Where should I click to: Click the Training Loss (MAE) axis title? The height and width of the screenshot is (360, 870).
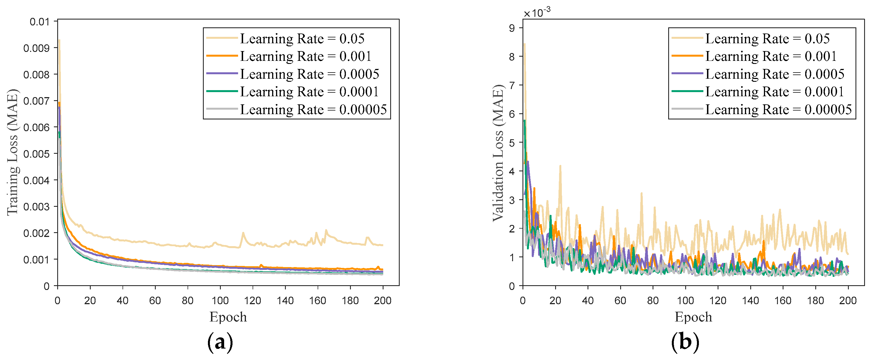click(x=13, y=152)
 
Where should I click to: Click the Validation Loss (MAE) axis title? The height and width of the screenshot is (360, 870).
click(x=498, y=153)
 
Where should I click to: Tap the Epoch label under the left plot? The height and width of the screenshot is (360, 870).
click(x=228, y=317)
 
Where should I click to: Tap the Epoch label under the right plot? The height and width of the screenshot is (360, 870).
click(x=693, y=317)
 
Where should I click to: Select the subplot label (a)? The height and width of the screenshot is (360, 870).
click(x=220, y=342)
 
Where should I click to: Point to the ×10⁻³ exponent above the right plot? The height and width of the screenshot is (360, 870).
click(x=537, y=13)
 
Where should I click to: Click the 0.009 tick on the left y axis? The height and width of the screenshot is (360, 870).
click(x=36, y=48)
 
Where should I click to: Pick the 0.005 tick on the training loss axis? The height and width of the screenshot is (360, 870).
click(x=36, y=154)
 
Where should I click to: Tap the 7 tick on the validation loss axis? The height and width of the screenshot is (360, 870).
click(x=512, y=85)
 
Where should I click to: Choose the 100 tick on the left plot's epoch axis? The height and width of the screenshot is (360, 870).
click(x=220, y=300)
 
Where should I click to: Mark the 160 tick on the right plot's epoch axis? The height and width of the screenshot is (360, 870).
click(x=783, y=300)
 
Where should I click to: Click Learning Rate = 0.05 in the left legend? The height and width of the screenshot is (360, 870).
click(x=302, y=39)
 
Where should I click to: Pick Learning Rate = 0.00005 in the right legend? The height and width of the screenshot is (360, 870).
click(x=778, y=109)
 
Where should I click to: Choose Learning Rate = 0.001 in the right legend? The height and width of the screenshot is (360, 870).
click(x=771, y=56)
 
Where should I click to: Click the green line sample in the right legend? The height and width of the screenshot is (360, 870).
click(x=687, y=91)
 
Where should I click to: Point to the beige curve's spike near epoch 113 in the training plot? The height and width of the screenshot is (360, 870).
click(x=243, y=233)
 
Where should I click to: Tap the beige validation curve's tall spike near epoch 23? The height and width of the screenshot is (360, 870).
click(x=560, y=166)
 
